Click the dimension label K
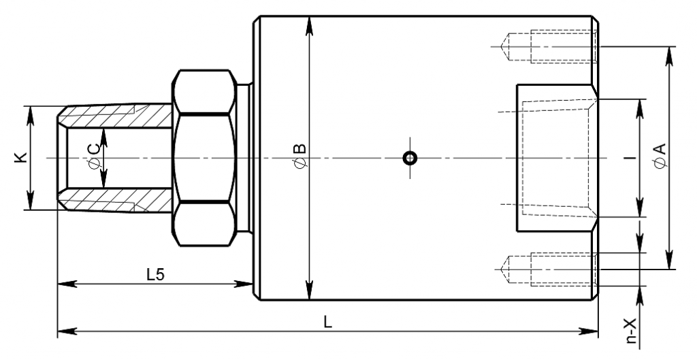point(21,157)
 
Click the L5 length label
point(156,275)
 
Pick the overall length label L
point(327,322)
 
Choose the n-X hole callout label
point(631,331)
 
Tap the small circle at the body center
point(410,158)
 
